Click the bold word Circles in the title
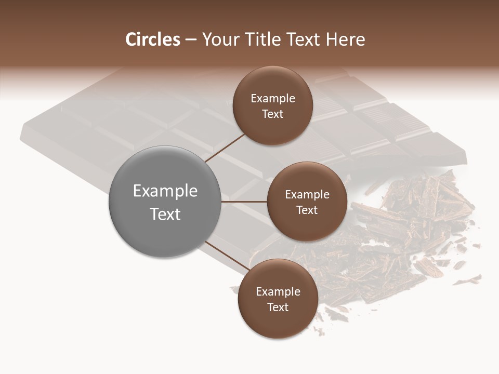[x=152, y=39]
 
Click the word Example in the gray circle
[x=165, y=191]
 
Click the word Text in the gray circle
[x=165, y=214]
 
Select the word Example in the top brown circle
[x=272, y=99]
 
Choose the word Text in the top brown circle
[x=272, y=114]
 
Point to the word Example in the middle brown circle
[x=307, y=195]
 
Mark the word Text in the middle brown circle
[x=307, y=210]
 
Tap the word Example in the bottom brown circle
[x=278, y=292]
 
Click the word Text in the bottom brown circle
[x=278, y=308]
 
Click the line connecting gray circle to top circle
[x=225, y=148]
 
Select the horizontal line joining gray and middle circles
[x=244, y=202]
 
